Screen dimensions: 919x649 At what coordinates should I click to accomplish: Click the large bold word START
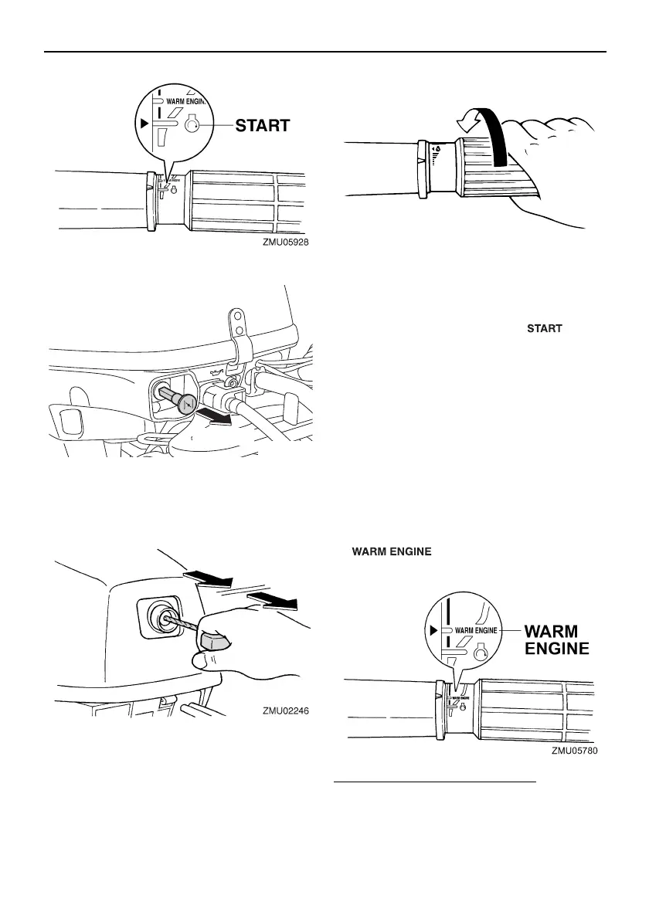pyautogui.click(x=263, y=125)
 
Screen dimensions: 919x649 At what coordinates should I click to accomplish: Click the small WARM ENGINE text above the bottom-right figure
pyautogui.click(x=392, y=551)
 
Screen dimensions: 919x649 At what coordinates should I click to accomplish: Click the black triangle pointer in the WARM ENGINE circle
pyautogui.click(x=433, y=630)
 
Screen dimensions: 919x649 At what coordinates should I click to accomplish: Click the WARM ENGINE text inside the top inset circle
pyautogui.click(x=187, y=100)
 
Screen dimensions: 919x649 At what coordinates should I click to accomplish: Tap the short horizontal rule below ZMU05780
pyautogui.click(x=434, y=782)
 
